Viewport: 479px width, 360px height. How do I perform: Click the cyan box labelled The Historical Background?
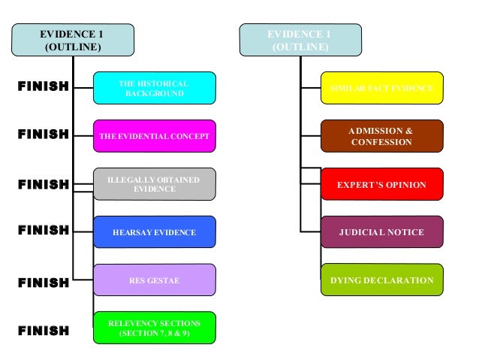coord(154,88)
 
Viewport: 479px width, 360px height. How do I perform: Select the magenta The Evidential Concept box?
coord(154,136)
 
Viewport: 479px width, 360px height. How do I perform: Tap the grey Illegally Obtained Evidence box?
coord(154,184)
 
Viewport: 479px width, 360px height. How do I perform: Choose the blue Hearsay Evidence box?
coord(154,232)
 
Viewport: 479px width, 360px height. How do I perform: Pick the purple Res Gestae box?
coord(154,280)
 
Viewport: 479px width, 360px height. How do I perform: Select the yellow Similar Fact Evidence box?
coord(381,88)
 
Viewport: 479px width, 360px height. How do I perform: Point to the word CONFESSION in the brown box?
coord(381,142)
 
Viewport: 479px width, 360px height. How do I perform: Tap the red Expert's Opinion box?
coord(381,184)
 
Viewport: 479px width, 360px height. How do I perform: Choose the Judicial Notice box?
coord(381,232)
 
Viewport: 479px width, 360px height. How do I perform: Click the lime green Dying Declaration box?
coord(381,280)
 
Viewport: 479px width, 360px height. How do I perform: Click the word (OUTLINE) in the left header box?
coord(73,47)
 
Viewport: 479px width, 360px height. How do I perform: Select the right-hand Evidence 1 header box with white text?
coord(300,41)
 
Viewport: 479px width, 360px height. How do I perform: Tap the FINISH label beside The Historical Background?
coord(43,86)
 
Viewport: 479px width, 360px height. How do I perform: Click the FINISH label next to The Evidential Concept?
coord(43,135)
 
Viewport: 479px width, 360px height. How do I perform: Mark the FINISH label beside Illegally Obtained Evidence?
coord(43,184)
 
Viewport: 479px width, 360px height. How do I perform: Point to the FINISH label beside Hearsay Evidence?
coord(43,231)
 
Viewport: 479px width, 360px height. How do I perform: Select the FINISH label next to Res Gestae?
coord(43,283)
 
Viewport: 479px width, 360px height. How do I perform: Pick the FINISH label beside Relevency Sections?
coord(43,330)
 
